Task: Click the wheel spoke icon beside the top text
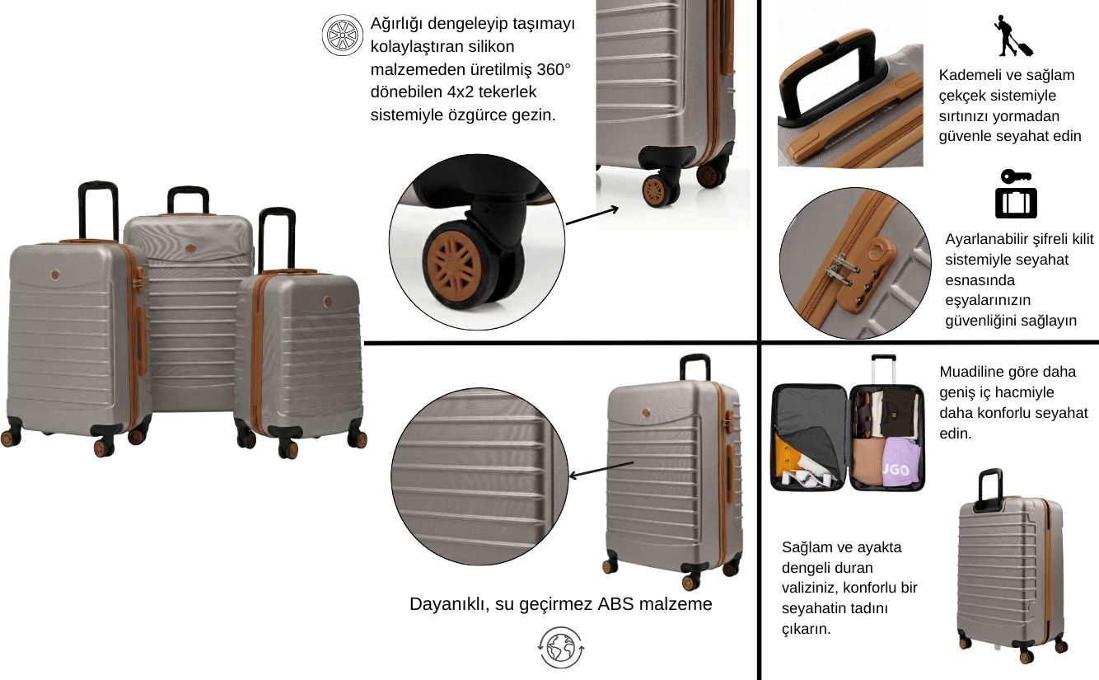[343, 35]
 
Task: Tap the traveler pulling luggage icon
[1013, 35]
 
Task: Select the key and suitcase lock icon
[1016, 194]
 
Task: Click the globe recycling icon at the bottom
[561, 647]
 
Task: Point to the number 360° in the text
[554, 69]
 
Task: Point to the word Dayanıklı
[450, 604]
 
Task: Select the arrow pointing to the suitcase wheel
[592, 216]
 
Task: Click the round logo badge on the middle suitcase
[191, 249]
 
